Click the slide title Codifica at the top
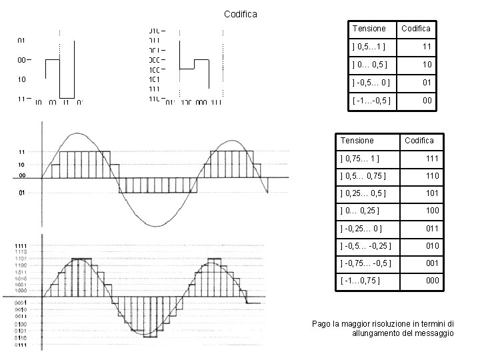[x=240, y=13]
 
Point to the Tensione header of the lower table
[x=357, y=140]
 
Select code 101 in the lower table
[x=432, y=193]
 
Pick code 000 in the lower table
[x=432, y=280]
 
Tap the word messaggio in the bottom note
[x=434, y=332]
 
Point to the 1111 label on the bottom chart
[x=21, y=246]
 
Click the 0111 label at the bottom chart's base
[x=21, y=345]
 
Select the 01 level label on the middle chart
[x=21, y=193]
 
